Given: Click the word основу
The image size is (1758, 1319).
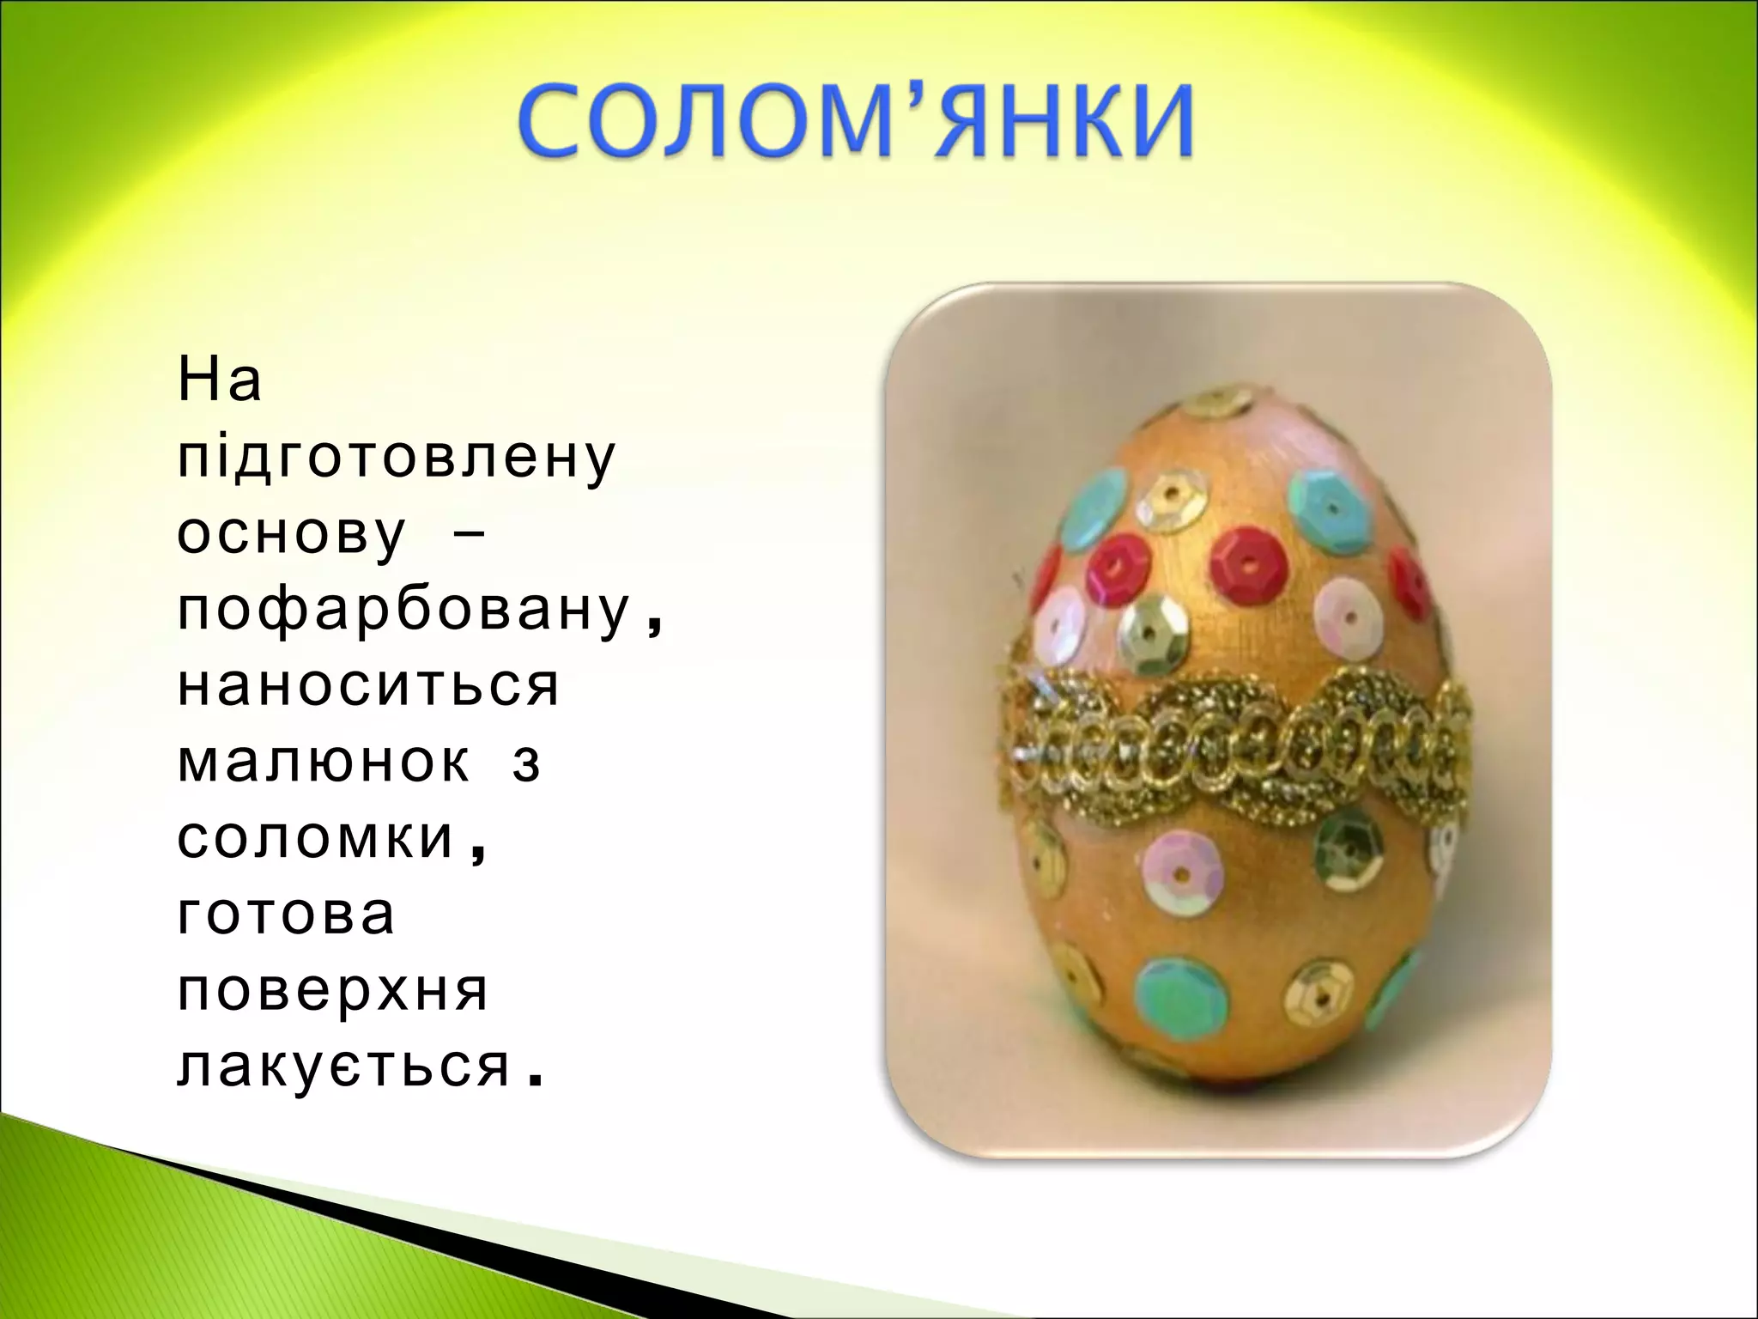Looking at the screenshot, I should click(x=291, y=533).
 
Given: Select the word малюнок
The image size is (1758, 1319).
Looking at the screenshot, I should click(x=324, y=762).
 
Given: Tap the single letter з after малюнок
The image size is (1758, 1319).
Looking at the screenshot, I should click(x=526, y=763).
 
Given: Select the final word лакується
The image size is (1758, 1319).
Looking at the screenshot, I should click(x=343, y=1067).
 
